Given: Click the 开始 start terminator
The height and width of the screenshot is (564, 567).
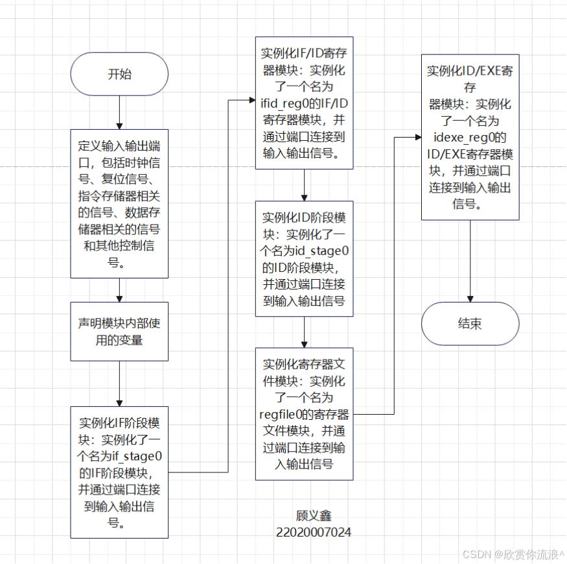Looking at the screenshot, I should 119,74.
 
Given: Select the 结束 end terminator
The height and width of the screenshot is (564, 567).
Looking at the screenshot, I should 470,323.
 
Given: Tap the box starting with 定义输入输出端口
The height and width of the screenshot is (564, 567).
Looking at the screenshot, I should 119,203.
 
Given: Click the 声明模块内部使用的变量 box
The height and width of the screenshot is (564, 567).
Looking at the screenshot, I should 119,331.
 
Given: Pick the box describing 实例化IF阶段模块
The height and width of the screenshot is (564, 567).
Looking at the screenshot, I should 119,472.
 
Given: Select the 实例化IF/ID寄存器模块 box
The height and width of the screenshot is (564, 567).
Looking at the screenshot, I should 304,103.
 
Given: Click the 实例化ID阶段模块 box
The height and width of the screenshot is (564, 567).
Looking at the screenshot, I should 304,258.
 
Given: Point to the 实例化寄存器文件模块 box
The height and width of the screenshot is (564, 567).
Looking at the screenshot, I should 304,413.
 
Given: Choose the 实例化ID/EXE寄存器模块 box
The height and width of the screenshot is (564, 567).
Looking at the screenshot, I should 470,137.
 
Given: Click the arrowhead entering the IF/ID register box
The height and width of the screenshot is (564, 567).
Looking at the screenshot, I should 251,101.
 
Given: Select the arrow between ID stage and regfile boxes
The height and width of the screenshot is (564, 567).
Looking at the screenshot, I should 304,332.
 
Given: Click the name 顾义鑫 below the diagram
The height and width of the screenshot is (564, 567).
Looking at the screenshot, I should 314,517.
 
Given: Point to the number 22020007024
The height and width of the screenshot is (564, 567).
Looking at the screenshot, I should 314,532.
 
